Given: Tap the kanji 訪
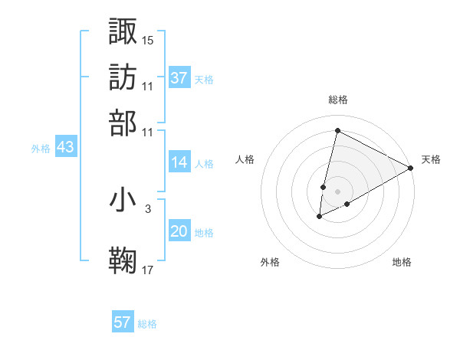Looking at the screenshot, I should [123, 77].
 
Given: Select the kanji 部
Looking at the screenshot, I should [123, 123].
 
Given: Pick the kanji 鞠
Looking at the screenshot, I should [123, 260].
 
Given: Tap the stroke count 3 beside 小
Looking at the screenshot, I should [147, 208].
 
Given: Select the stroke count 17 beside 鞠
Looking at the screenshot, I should [148, 270].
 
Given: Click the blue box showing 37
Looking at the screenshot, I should [179, 78].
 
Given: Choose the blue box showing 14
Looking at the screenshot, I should [179, 162].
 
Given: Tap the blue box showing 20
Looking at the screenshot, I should [179, 231].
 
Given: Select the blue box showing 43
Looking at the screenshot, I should [65, 148].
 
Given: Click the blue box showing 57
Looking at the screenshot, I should [123, 322].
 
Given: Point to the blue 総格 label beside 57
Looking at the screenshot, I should [147, 324].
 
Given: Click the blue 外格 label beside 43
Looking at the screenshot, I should [41, 149].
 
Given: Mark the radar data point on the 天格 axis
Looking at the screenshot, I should [411, 169].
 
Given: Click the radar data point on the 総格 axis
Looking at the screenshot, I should [337, 131].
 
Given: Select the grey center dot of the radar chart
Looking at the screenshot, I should [337, 191].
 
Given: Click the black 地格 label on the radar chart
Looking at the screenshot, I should [402, 263].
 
